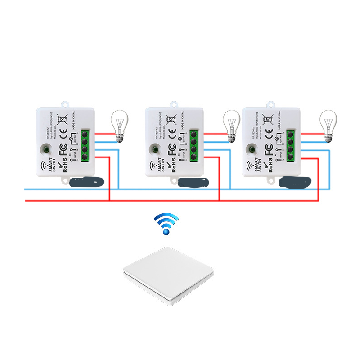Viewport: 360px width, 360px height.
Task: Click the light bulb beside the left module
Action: (x=119, y=126)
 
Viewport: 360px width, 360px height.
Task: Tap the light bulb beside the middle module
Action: (x=231, y=126)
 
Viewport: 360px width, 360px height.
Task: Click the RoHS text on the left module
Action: (x=64, y=164)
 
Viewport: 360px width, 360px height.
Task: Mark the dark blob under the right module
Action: (x=295, y=182)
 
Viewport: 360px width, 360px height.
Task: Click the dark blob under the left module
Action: (x=88, y=182)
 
